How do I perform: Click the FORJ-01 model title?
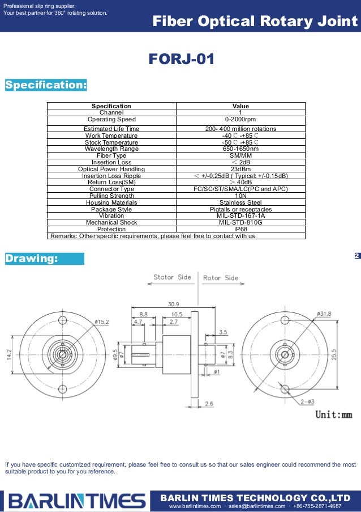click(181, 59)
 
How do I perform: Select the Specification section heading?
click(46, 85)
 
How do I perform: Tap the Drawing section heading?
click(32, 259)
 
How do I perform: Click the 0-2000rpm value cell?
click(240, 120)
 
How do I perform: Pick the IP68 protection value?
click(240, 230)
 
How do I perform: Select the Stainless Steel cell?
click(240, 202)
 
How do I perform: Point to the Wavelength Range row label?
click(111, 149)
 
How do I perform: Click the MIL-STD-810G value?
click(240, 223)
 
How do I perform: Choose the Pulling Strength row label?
click(111, 196)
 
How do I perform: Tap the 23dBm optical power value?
click(240, 169)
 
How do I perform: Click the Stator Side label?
click(172, 278)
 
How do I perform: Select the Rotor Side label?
click(221, 278)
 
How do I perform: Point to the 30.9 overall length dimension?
click(174, 304)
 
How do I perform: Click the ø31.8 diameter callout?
click(324, 314)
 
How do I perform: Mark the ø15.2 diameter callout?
click(101, 321)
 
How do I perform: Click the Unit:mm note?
click(333, 414)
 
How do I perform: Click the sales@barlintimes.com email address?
click(258, 506)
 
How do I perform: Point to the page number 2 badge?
click(356, 256)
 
